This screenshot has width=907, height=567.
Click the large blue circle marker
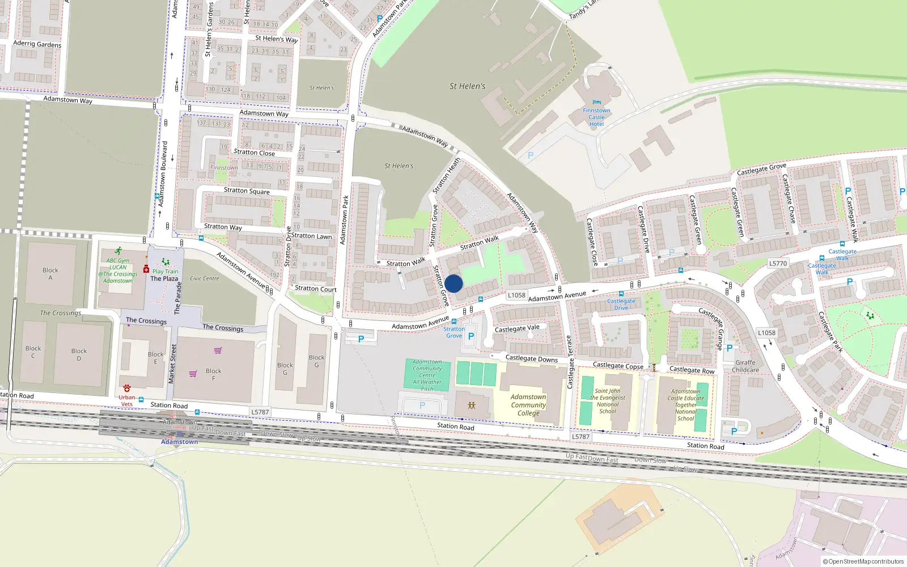coord(453,283)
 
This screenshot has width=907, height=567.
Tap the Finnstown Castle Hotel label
coord(596,117)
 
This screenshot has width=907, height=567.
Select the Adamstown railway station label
coord(179,442)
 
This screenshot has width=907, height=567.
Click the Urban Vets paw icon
coord(127,388)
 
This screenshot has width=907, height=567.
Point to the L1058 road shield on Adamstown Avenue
coord(516,295)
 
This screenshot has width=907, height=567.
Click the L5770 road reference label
coord(778,264)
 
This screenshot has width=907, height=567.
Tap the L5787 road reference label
coord(260,412)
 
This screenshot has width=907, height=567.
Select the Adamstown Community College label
coord(528,405)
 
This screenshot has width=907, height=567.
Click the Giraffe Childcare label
coord(745,366)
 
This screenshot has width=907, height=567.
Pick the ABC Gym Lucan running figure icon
coord(118,251)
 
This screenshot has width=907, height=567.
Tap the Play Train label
coord(165,272)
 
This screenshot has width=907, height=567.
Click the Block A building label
coord(50,274)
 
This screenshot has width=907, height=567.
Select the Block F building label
coord(214,374)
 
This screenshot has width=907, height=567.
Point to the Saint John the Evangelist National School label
coord(608,401)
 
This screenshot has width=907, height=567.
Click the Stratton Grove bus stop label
coord(453,332)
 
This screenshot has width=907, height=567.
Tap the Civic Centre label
coord(204,278)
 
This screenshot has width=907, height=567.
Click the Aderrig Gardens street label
coord(37,44)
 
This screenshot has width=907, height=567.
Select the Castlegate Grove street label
coord(761,169)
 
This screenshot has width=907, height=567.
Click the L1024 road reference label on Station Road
coord(580,436)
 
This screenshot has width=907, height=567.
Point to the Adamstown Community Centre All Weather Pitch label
coord(427,375)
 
